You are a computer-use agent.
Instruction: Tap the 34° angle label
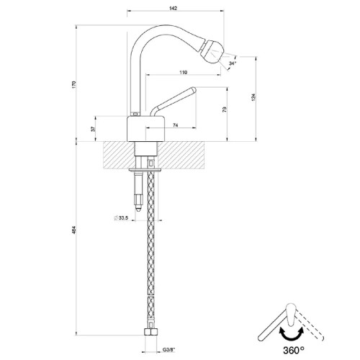(x=232, y=64)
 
